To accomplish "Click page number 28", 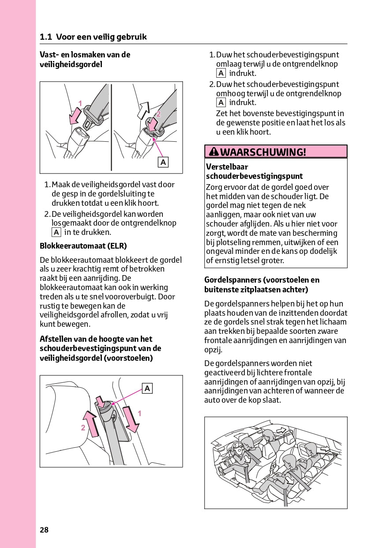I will (x=44, y=530).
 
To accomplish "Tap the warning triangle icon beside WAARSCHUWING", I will (x=214, y=152).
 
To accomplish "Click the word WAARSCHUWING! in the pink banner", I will (x=263, y=152).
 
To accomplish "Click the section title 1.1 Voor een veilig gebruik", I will (x=93, y=37).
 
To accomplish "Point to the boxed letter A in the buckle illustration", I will (x=163, y=163).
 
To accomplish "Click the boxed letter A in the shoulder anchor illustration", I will (x=147, y=388).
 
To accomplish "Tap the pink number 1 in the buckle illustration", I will (x=80, y=103).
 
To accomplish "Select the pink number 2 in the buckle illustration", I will (x=158, y=113).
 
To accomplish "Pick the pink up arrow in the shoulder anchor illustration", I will (x=91, y=423).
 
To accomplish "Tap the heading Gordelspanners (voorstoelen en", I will (x=262, y=280).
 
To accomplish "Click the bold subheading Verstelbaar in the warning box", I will (x=227, y=167).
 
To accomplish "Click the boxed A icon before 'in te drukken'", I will (x=56, y=232).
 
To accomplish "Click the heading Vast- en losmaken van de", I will (x=85, y=55).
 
